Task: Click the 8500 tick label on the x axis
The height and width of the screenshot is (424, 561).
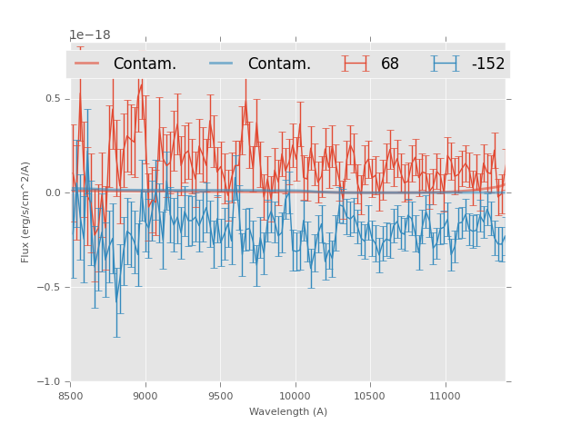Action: [x=71, y=396]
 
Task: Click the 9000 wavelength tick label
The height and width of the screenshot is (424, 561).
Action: [x=145, y=396]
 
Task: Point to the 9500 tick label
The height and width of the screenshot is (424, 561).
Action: [x=220, y=396]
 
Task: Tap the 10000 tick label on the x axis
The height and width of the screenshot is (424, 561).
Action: [x=295, y=396]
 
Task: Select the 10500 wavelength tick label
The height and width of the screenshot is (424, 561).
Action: [x=370, y=396]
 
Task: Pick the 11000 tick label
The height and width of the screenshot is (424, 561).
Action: [x=445, y=396]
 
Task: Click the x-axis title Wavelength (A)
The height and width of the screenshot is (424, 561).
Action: [x=288, y=412]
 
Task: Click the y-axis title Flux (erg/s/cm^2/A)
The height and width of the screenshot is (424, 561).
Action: [x=25, y=212]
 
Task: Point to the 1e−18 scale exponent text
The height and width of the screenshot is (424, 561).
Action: [x=90, y=35]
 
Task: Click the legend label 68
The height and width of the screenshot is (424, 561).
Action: [x=389, y=64]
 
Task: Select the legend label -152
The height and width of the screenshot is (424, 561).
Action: [x=487, y=64]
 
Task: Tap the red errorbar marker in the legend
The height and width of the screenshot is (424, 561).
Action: [x=356, y=64]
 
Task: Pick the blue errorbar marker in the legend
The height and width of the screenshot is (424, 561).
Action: [x=445, y=64]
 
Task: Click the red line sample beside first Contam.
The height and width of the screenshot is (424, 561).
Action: [x=88, y=64]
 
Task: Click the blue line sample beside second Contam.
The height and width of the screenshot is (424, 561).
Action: [x=223, y=64]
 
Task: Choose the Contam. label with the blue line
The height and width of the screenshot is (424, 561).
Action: [x=279, y=64]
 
